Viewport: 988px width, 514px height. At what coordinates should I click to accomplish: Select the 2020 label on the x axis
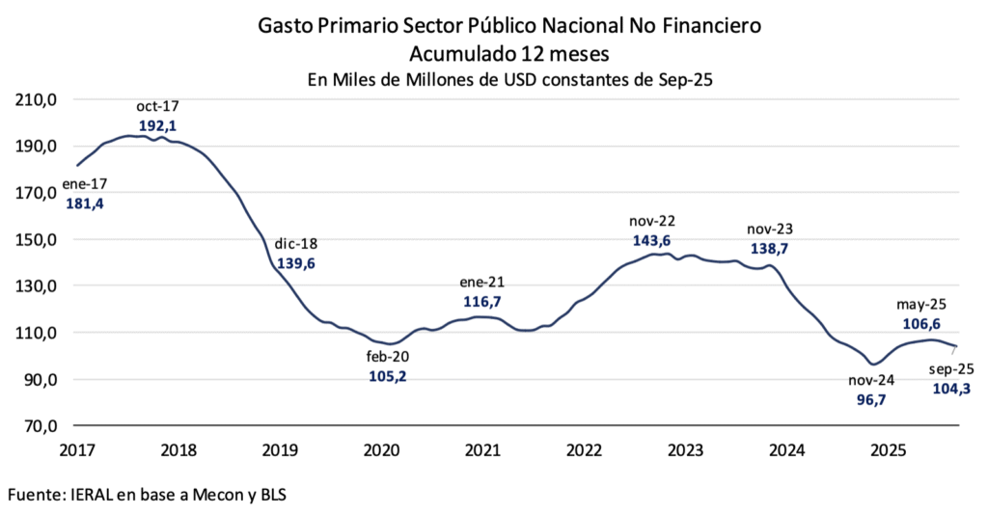click(381, 448)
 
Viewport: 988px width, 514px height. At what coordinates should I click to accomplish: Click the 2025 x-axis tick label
click(887, 448)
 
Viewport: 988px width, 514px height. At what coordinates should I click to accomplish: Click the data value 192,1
click(157, 126)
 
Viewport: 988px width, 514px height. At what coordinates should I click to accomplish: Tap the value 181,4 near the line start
click(84, 203)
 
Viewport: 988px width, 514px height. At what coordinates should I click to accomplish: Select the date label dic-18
click(297, 244)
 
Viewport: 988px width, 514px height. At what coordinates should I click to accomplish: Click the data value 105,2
click(388, 376)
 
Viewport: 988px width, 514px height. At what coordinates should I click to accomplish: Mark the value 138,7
click(769, 248)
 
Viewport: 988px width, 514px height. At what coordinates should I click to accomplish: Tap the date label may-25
click(919, 305)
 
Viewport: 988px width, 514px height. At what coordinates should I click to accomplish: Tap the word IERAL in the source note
click(99, 495)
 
